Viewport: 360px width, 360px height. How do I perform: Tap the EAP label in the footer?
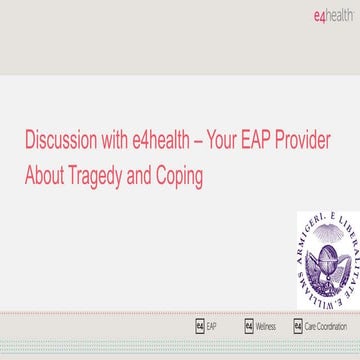(213, 326)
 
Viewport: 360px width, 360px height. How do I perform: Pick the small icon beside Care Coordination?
(297, 326)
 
